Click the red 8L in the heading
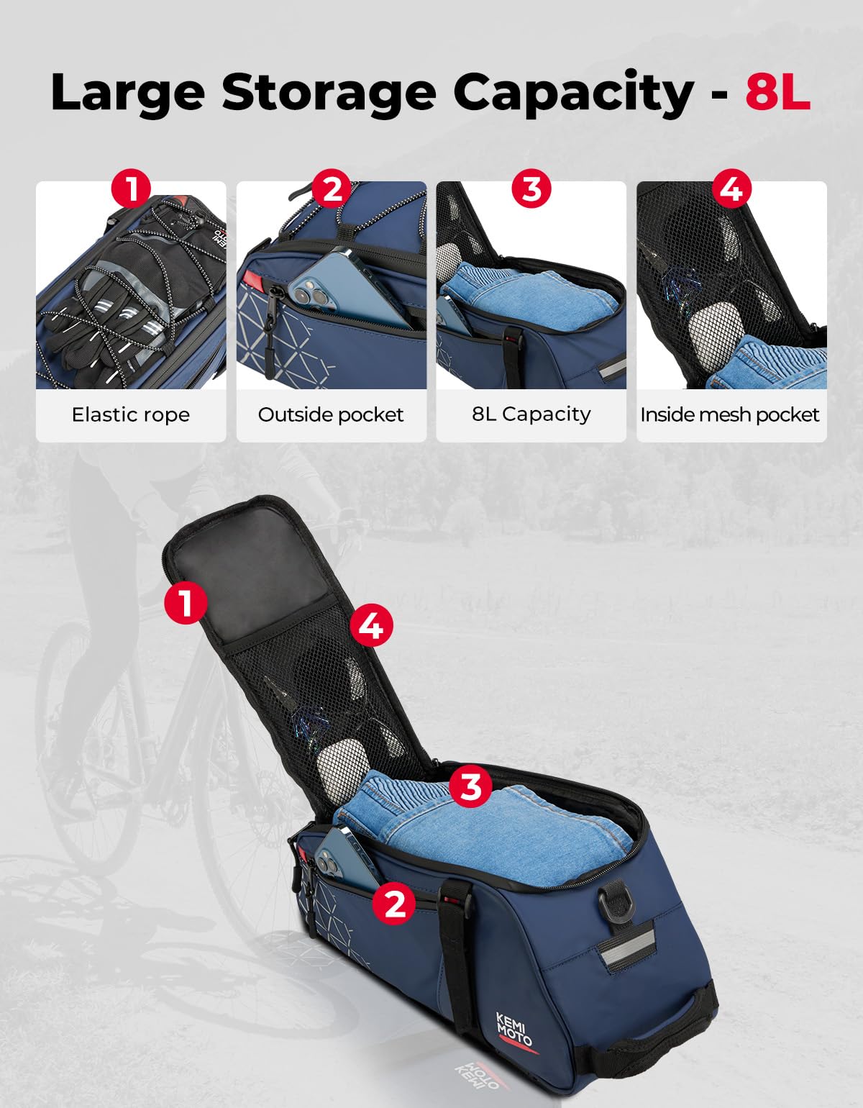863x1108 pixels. (777, 92)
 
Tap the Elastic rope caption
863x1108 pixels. (131, 414)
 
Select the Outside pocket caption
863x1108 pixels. (331, 414)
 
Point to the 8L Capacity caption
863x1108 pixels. (531, 414)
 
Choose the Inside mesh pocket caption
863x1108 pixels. (730, 414)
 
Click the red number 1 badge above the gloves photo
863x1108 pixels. (131, 189)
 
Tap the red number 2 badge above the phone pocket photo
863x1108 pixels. (332, 189)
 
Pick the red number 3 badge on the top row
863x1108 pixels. (531, 189)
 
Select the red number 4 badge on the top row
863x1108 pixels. (731, 189)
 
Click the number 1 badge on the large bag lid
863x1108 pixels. (186, 603)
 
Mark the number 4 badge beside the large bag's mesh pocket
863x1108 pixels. (371, 625)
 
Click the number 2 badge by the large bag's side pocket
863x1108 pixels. (395, 902)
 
